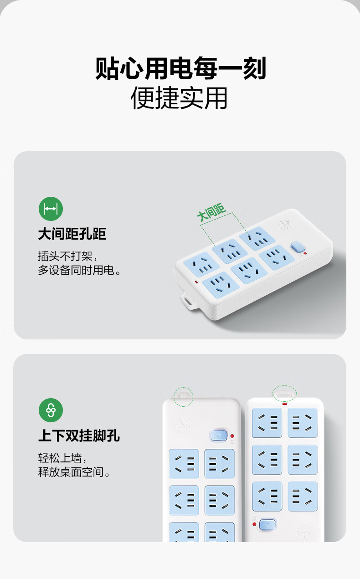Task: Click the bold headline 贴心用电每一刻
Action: (180, 68)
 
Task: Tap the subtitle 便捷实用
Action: (179, 98)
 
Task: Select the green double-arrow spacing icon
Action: (51, 209)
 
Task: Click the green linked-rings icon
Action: (51, 410)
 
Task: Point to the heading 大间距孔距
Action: (72, 234)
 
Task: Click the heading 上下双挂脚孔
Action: (79, 436)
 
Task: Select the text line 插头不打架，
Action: (68, 256)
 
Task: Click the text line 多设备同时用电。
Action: (79, 270)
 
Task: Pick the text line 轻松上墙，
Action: (62, 458)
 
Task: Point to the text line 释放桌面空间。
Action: (74, 472)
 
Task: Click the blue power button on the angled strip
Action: (298, 246)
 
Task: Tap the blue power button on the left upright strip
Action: (219, 436)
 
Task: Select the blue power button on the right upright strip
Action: (267, 524)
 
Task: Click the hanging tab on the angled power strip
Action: (189, 300)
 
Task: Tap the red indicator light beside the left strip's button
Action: (232, 436)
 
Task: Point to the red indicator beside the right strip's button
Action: (254, 524)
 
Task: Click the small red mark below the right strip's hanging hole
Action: (284, 404)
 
